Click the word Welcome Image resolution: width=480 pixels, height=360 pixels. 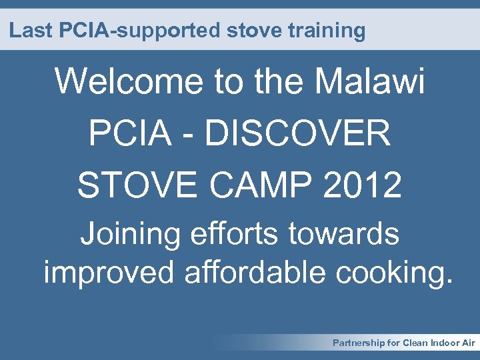(130, 82)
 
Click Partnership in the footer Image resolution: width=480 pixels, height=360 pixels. (359, 343)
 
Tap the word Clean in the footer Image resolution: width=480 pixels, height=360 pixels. (414, 343)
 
